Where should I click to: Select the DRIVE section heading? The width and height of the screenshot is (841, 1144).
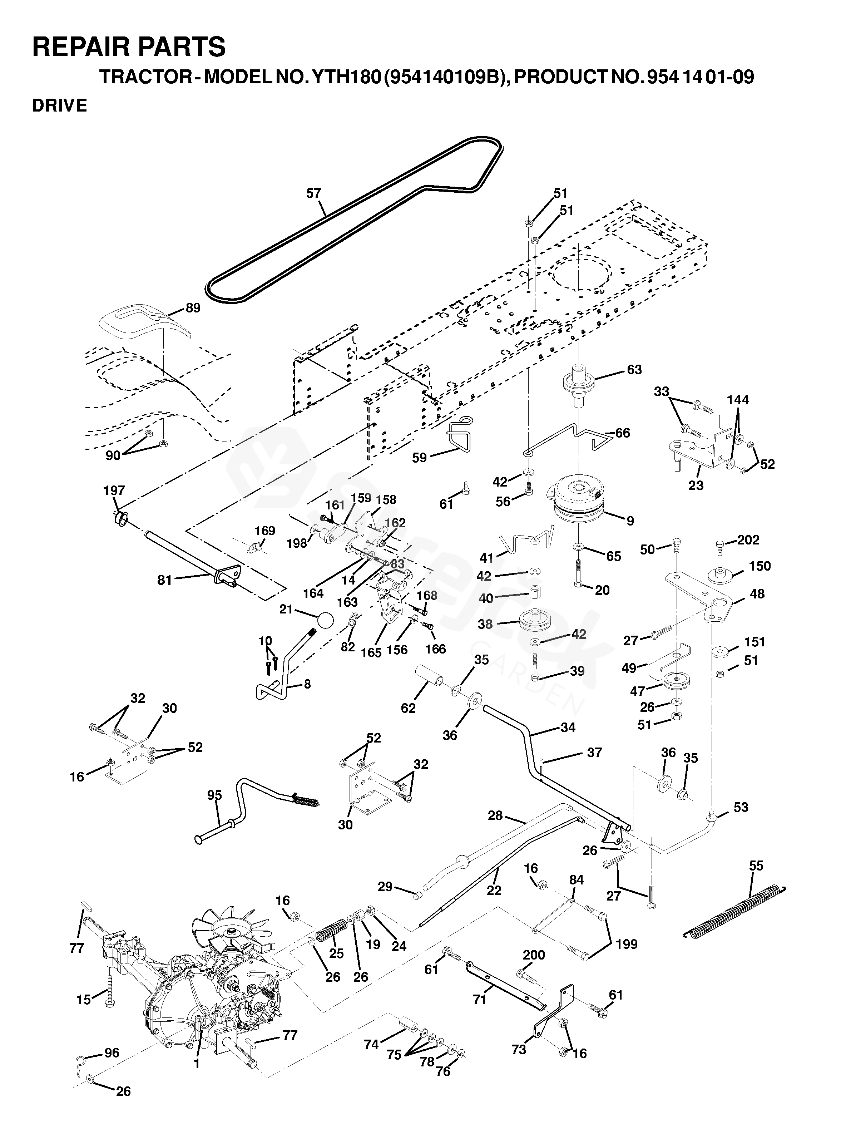[60, 105]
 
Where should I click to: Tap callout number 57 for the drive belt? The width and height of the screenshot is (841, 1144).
[313, 193]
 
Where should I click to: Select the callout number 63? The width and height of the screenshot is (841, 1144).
[634, 370]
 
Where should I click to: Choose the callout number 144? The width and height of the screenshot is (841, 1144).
[738, 400]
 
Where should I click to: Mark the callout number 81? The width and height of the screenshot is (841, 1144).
[164, 580]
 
